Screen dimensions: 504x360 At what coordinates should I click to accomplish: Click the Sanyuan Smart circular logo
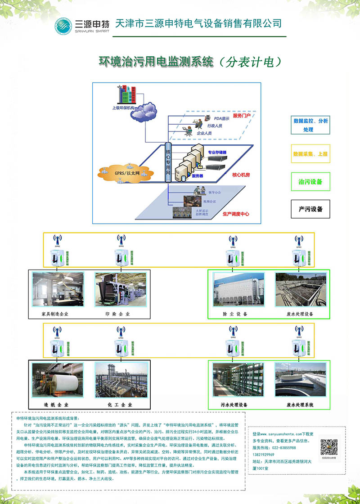(63, 26)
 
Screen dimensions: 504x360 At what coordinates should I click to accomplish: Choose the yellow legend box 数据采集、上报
(310, 154)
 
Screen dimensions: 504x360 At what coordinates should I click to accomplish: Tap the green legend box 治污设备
(310, 182)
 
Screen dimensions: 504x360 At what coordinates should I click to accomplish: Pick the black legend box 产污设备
(310, 209)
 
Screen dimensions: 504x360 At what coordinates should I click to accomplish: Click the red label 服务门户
(242, 116)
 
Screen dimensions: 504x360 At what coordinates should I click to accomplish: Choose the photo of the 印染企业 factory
(120, 290)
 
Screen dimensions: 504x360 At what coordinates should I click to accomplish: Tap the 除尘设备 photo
(235, 290)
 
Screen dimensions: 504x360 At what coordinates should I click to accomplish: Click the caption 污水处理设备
(235, 405)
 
